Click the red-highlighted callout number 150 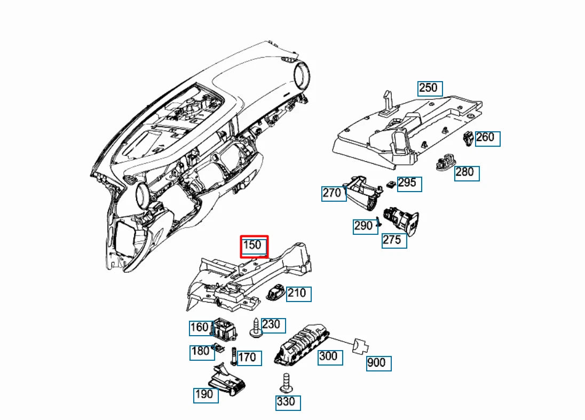[254, 246]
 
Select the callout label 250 [430, 89]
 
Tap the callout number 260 [487, 138]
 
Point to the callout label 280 [467, 173]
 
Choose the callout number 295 [409, 184]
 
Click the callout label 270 [334, 194]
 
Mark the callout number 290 [365, 226]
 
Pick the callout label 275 [394, 241]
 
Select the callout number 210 [298, 294]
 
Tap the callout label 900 [378, 363]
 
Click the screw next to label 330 [286, 383]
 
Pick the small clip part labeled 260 [468, 139]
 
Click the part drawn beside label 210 [275, 292]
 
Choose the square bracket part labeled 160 [225, 329]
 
